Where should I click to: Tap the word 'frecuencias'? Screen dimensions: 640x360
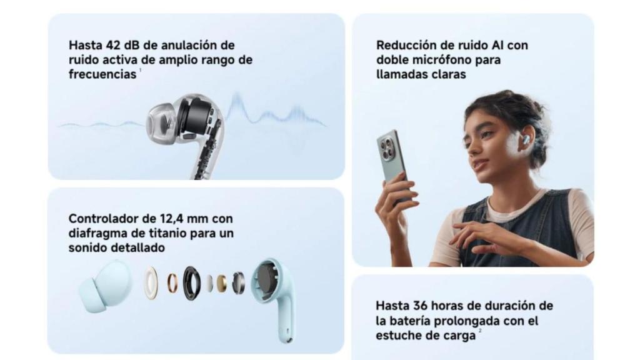click(102, 74)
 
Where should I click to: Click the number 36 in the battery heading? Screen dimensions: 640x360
click(420, 306)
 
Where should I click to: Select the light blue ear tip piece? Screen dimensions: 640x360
click(105, 287)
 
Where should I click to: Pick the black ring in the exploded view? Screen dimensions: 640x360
click(191, 283)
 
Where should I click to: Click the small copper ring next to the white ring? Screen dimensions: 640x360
click(172, 283)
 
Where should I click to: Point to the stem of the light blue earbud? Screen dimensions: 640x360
click(286, 318)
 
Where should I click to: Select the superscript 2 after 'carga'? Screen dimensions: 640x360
click(480, 331)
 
